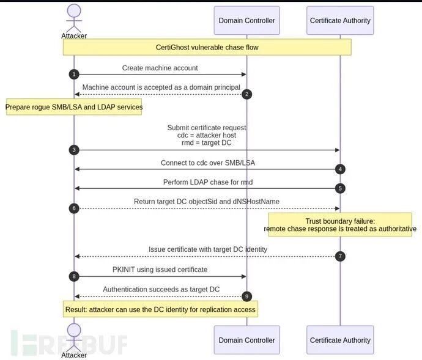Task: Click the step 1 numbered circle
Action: pyautogui.click(x=74, y=74)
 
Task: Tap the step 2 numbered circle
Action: pyautogui.click(x=247, y=94)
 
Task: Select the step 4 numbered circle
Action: pyautogui.click(x=340, y=169)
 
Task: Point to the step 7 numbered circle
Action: pyautogui.click(x=340, y=256)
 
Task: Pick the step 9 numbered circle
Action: pyautogui.click(x=247, y=296)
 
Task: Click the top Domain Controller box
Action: pyautogui.click(x=247, y=20)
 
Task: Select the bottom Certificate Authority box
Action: pyautogui.click(x=340, y=340)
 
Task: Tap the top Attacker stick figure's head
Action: pyautogui.click(x=74, y=11)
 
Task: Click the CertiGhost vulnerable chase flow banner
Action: pyautogui.click(x=207, y=47)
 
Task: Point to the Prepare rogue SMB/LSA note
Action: pyautogui.click(x=74, y=107)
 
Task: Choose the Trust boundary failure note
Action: pyautogui.click(x=340, y=225)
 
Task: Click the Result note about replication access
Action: pyautogui.click(x=160, y=309)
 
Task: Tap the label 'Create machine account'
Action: pyautogui.click(x=160, y=68)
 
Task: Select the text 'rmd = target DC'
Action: pyautogui.click(x=207, y=142)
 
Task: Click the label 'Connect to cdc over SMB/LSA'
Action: pyautogui.click(x=208, y=163)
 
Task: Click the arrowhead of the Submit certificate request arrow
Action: pyautogui.click(x=338, y=150)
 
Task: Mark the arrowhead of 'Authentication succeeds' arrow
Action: pyautogui.click(x=77, y=296)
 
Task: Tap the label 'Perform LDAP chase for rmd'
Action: pyautogui.click(x=208, y=182)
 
